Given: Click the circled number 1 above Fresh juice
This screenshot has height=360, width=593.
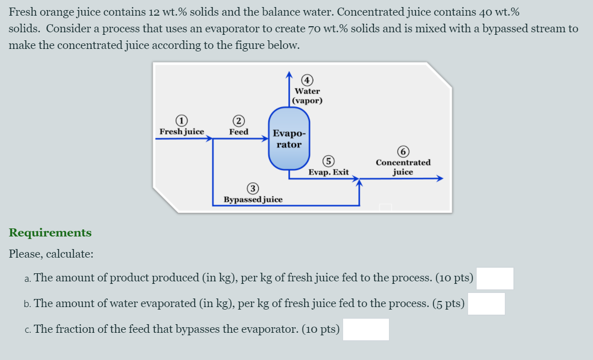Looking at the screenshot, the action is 181,121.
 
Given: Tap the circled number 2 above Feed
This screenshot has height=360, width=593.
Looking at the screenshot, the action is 238,121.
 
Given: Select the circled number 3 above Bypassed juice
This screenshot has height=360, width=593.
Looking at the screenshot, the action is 253,189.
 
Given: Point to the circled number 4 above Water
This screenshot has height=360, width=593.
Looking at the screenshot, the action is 307,80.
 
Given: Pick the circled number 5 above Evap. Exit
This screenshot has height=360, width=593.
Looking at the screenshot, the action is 328,161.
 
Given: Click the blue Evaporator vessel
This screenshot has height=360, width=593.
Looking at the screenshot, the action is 289,139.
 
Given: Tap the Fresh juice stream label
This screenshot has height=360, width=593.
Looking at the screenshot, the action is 182,132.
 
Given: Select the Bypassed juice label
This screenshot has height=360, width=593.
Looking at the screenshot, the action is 253,199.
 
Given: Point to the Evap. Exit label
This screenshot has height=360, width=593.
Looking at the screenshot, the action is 328,172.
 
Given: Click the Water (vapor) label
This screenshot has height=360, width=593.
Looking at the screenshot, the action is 307,96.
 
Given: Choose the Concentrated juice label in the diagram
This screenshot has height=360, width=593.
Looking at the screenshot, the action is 403,167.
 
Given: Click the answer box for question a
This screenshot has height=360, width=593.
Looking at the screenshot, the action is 495,278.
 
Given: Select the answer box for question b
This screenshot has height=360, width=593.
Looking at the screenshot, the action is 486,304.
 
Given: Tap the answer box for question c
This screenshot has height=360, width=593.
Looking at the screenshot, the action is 366,329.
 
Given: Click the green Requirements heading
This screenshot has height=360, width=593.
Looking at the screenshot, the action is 50,232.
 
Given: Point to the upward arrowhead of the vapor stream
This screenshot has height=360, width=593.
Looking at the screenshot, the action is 289,75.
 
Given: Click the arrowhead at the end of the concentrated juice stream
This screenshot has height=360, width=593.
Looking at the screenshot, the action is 439,178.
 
